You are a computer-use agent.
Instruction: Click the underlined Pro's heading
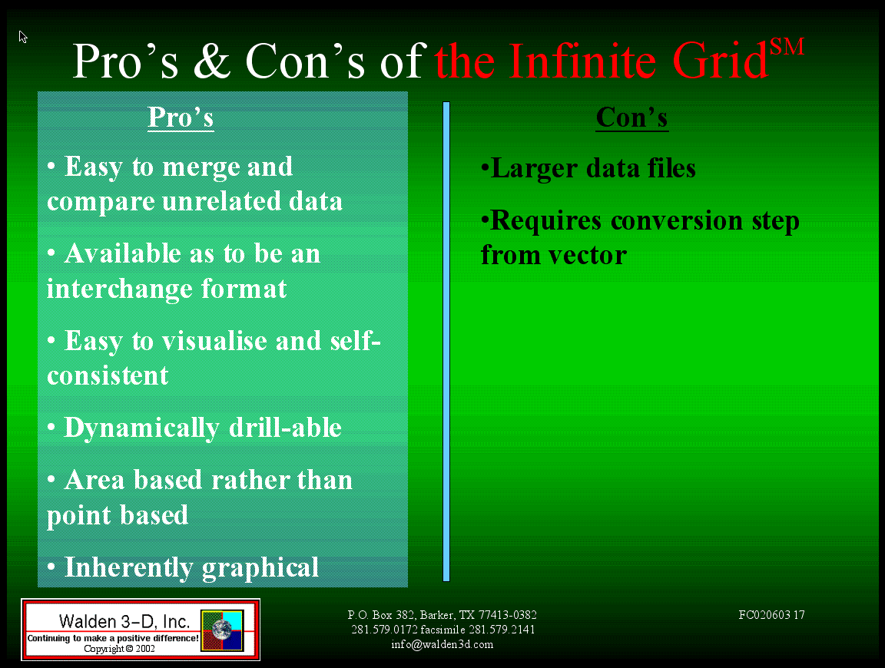pyautogui.click(x=181, y=118)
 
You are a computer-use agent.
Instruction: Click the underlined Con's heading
pyautogui.click(x=632, y=118)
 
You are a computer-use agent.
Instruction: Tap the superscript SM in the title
pyautogui.click(x=787, y=47)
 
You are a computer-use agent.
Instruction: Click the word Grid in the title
pyautogui.click(x=720, y=61)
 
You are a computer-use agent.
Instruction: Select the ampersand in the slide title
pyautogui.click(x=212, y=61)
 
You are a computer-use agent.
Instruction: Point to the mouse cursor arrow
pyautogui.click(x=22, y=37)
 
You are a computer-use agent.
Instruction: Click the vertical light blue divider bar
pyautogui.click(x=446, y=342)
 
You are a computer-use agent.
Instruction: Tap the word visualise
pyautogui.click(x=214, y=342)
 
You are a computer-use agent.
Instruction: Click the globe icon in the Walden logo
pyautogui.click(x=222, y=630)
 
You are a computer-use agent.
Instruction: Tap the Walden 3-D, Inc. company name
pyautogui.click(x=124, y=621)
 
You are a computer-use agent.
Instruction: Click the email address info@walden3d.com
pyautogui.click(x=442, y=644)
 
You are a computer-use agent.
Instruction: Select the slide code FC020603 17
pyautogui.click(x=771, y=615)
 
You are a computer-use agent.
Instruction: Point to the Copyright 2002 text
pyautogui.click(x=119, y=649)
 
